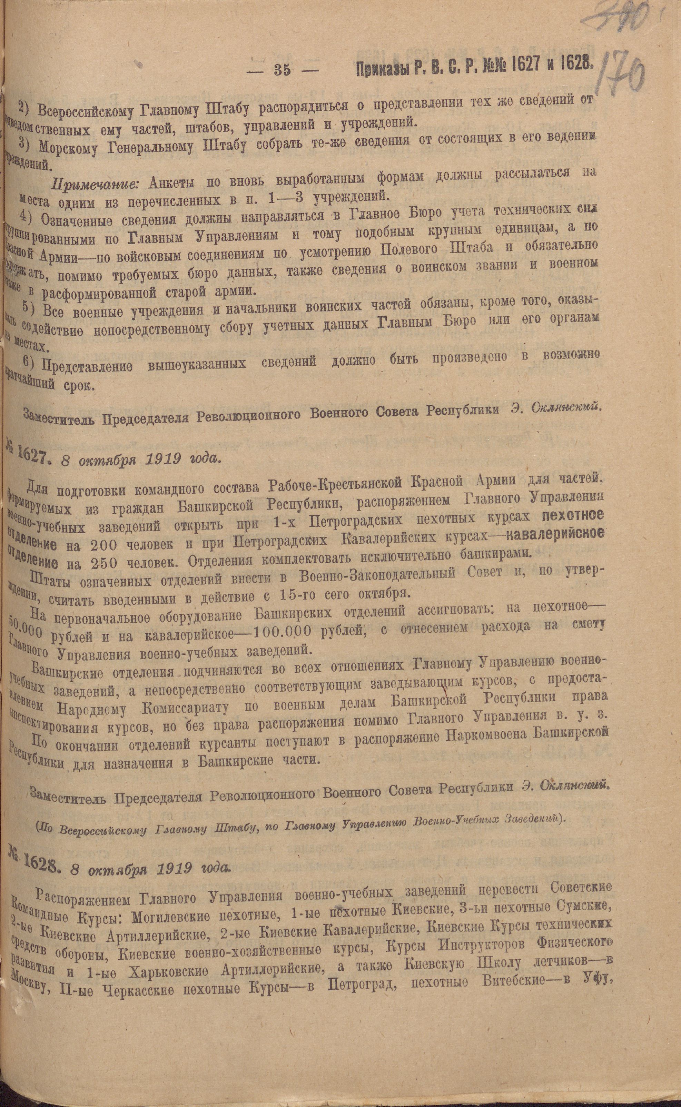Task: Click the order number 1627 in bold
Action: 31,457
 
